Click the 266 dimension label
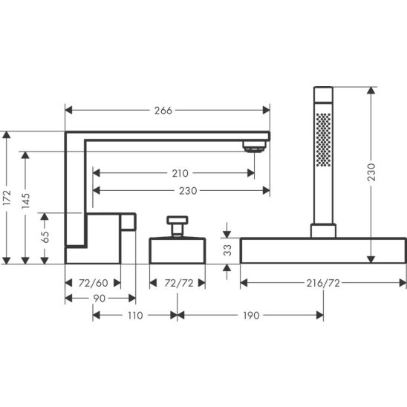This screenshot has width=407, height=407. click(x=163, y=111)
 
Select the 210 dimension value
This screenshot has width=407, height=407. click(x=180, y=173)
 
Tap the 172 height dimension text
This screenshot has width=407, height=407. click(x=7, y=198)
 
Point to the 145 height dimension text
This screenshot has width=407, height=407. click(x=25, y=201)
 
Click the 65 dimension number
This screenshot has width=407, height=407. click(x=45, y=237)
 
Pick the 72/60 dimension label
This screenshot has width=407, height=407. click(x=93, y=283)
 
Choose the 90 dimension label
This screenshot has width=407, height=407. click(x=100, y=299)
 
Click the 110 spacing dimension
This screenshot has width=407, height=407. click(x=135, y=316)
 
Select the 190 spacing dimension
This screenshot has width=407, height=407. click(x=251, y=316)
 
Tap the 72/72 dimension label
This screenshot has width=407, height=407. click(x=179, y=283)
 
